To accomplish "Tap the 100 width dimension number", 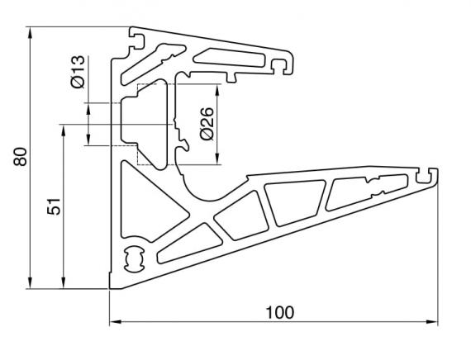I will click(x=280, y=311).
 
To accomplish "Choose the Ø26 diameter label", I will click(x=207, y=123).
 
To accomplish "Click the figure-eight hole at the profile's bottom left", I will click(x=133, y=259).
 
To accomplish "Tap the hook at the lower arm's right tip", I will click(x=428, y=175).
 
